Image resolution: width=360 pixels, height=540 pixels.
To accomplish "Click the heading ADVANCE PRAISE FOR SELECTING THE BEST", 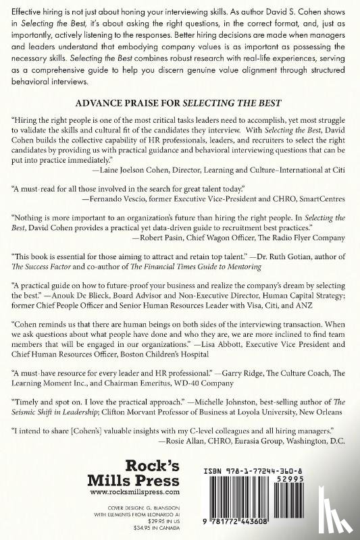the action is [180, 105].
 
